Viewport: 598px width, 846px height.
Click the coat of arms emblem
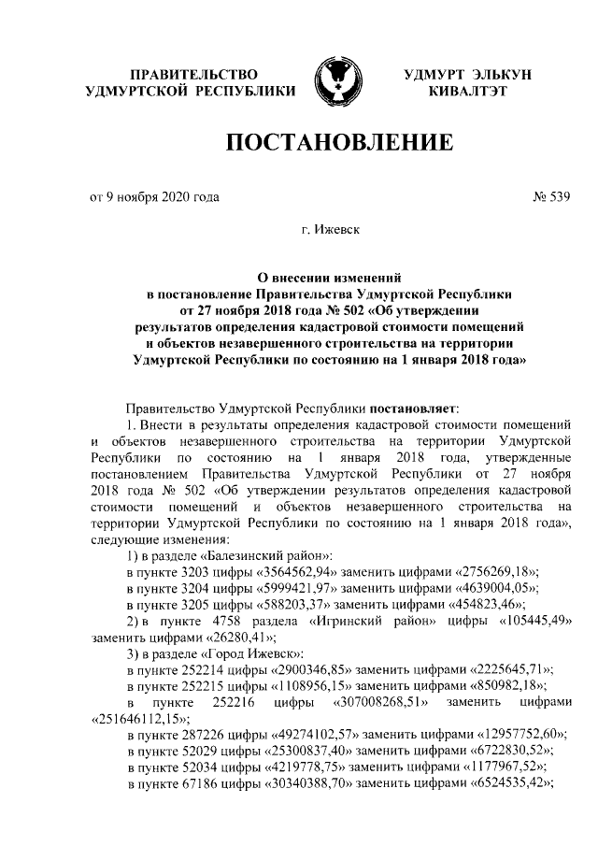[334, 82]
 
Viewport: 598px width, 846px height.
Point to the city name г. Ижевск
[334, 227]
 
